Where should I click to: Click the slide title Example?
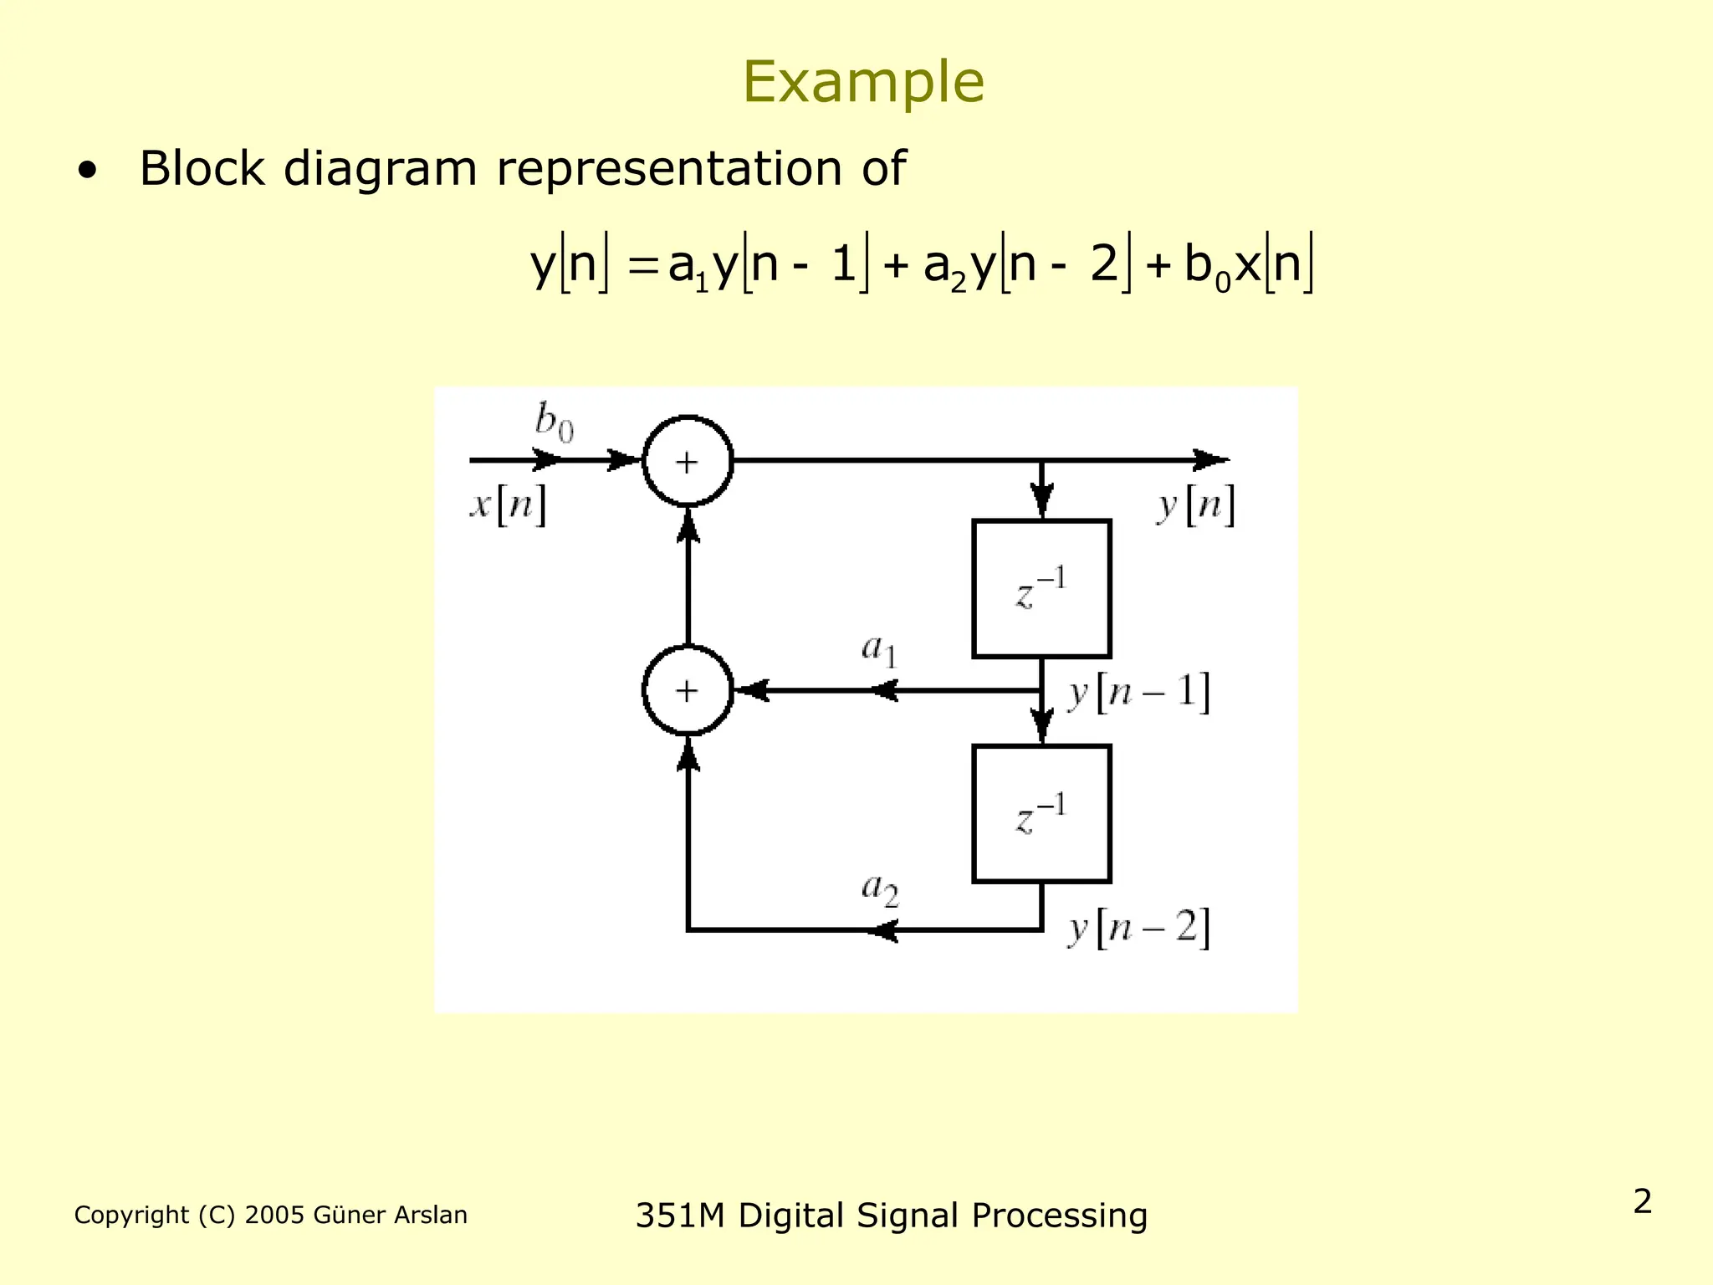(862, 82)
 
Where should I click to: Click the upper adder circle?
(688, 461)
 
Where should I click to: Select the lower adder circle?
(688, 691)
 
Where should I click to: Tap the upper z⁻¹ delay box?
(1041, 589)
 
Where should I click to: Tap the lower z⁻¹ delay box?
(1041, 814)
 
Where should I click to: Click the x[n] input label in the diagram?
(508, 504)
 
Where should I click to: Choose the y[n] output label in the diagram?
(1195, 505)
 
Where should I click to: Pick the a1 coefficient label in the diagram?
(879, 650)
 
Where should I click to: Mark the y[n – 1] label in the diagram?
(1138, 694)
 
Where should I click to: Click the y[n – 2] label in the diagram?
(1138, 929)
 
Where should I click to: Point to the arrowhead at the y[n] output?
(1212, 460)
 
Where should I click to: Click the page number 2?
(1642, 1201)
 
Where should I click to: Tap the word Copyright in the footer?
(131, 1215)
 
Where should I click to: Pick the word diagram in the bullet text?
(380, 170)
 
